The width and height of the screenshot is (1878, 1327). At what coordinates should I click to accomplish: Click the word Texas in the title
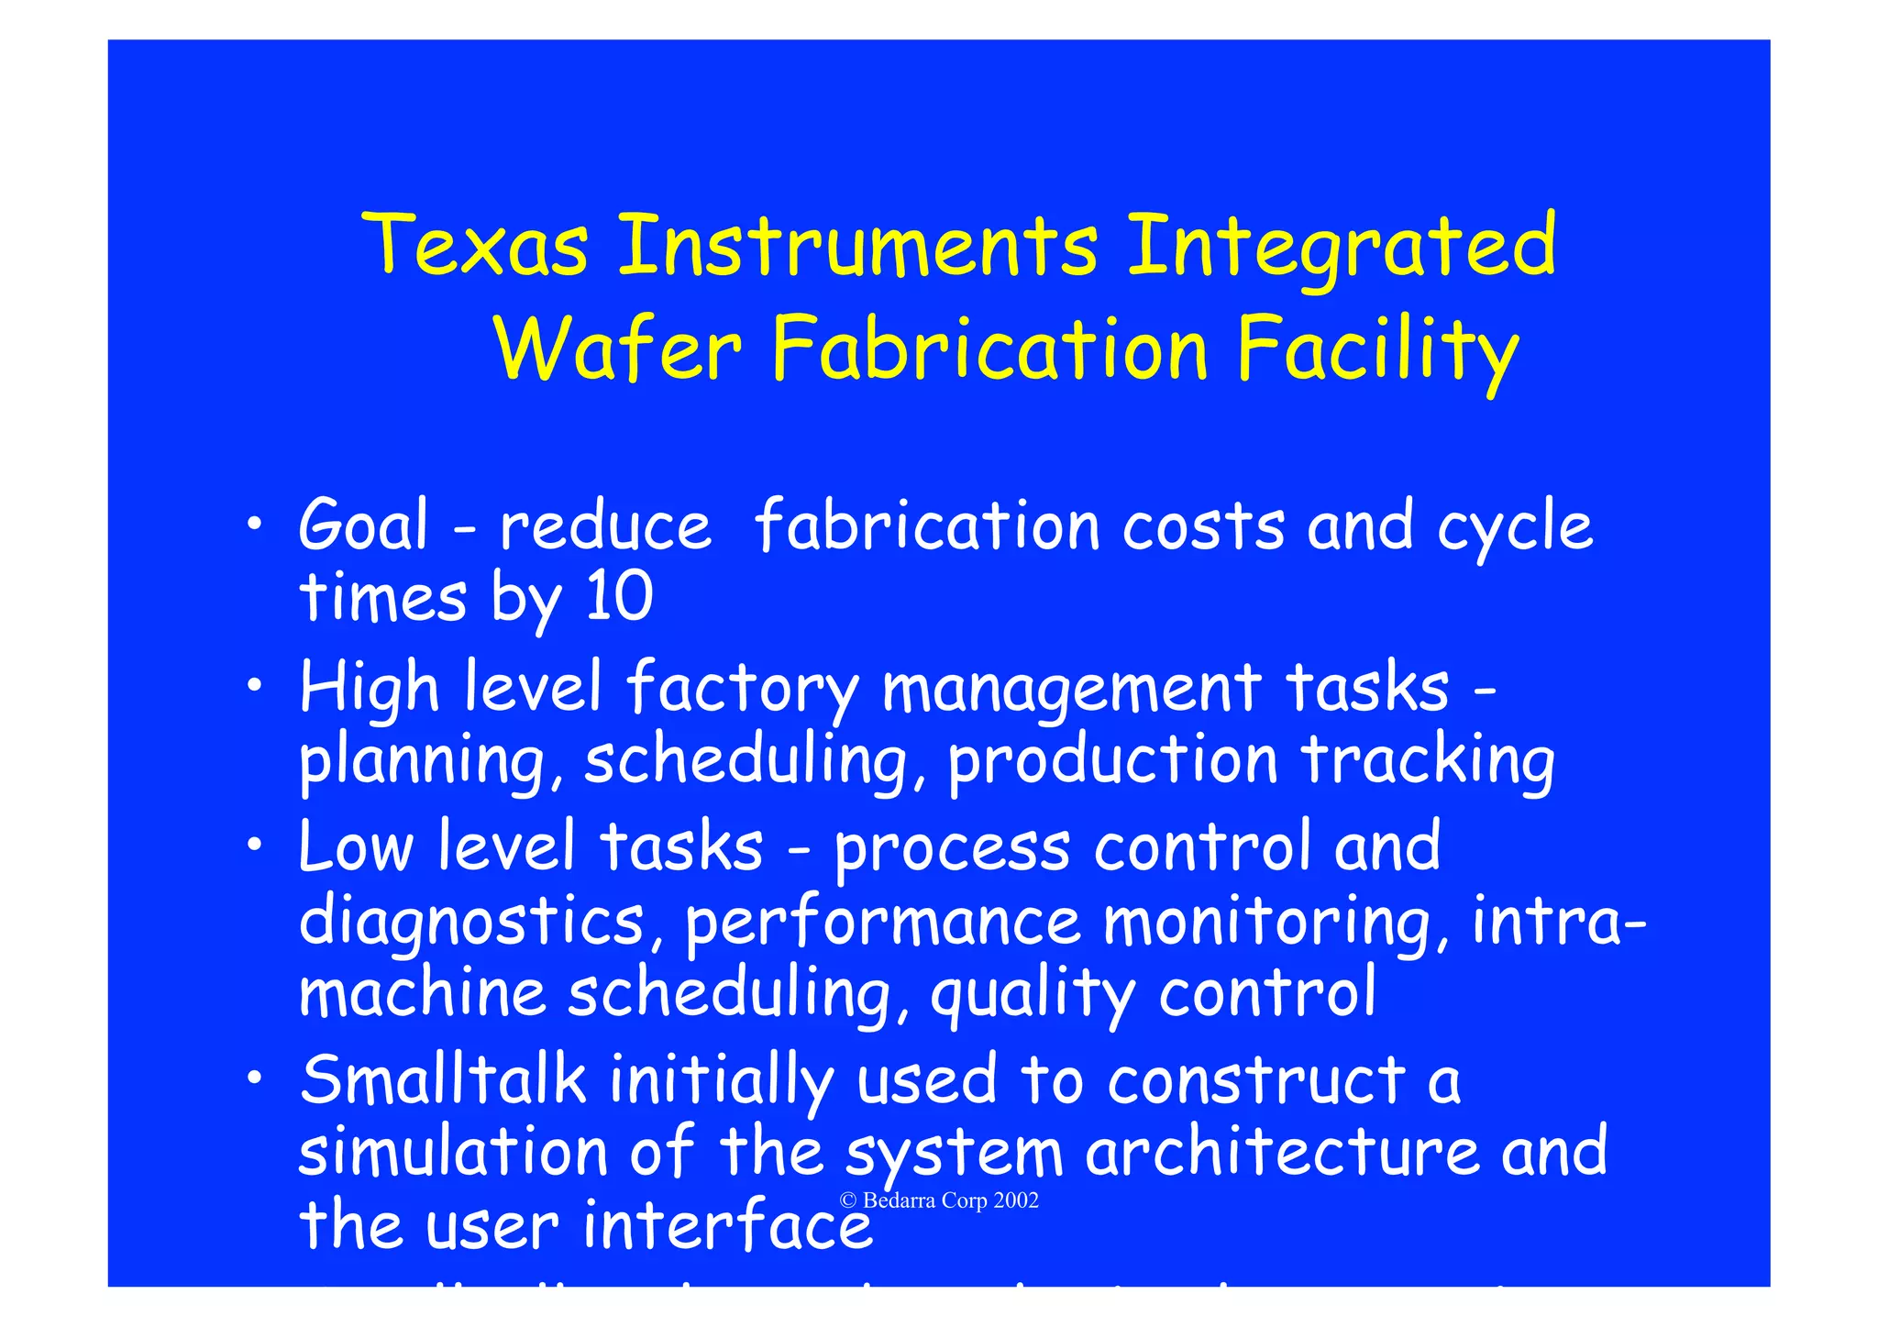477,245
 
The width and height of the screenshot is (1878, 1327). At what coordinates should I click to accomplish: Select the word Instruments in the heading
857,245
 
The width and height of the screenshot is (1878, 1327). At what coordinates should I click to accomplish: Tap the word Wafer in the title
617,349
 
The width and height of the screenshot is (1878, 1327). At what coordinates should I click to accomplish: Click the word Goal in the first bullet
364,525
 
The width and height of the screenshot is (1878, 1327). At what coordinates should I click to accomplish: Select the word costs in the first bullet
1203,527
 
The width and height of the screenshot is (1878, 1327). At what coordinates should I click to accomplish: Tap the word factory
743,689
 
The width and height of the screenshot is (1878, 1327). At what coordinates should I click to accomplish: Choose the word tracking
1428,762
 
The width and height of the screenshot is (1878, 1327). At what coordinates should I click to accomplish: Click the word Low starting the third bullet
356,846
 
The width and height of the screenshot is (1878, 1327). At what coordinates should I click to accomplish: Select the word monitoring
1276,923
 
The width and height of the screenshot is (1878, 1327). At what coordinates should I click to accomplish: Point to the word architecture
1282,1152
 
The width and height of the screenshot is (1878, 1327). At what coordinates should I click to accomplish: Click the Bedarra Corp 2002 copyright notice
940,1200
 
